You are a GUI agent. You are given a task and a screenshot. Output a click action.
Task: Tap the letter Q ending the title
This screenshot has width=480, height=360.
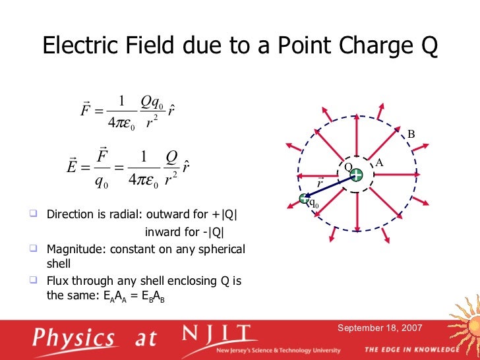427,45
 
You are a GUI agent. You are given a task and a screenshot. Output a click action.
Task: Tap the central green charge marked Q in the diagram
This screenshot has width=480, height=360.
356,175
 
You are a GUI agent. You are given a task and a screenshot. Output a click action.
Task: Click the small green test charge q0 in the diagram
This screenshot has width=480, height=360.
304,198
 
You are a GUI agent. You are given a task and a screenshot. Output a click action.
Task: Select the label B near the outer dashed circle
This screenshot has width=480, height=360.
411,135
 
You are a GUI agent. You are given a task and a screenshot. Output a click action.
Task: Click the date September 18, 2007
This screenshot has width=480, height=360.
380,328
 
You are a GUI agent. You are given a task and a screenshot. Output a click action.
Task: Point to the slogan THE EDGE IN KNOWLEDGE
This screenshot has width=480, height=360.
411,349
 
